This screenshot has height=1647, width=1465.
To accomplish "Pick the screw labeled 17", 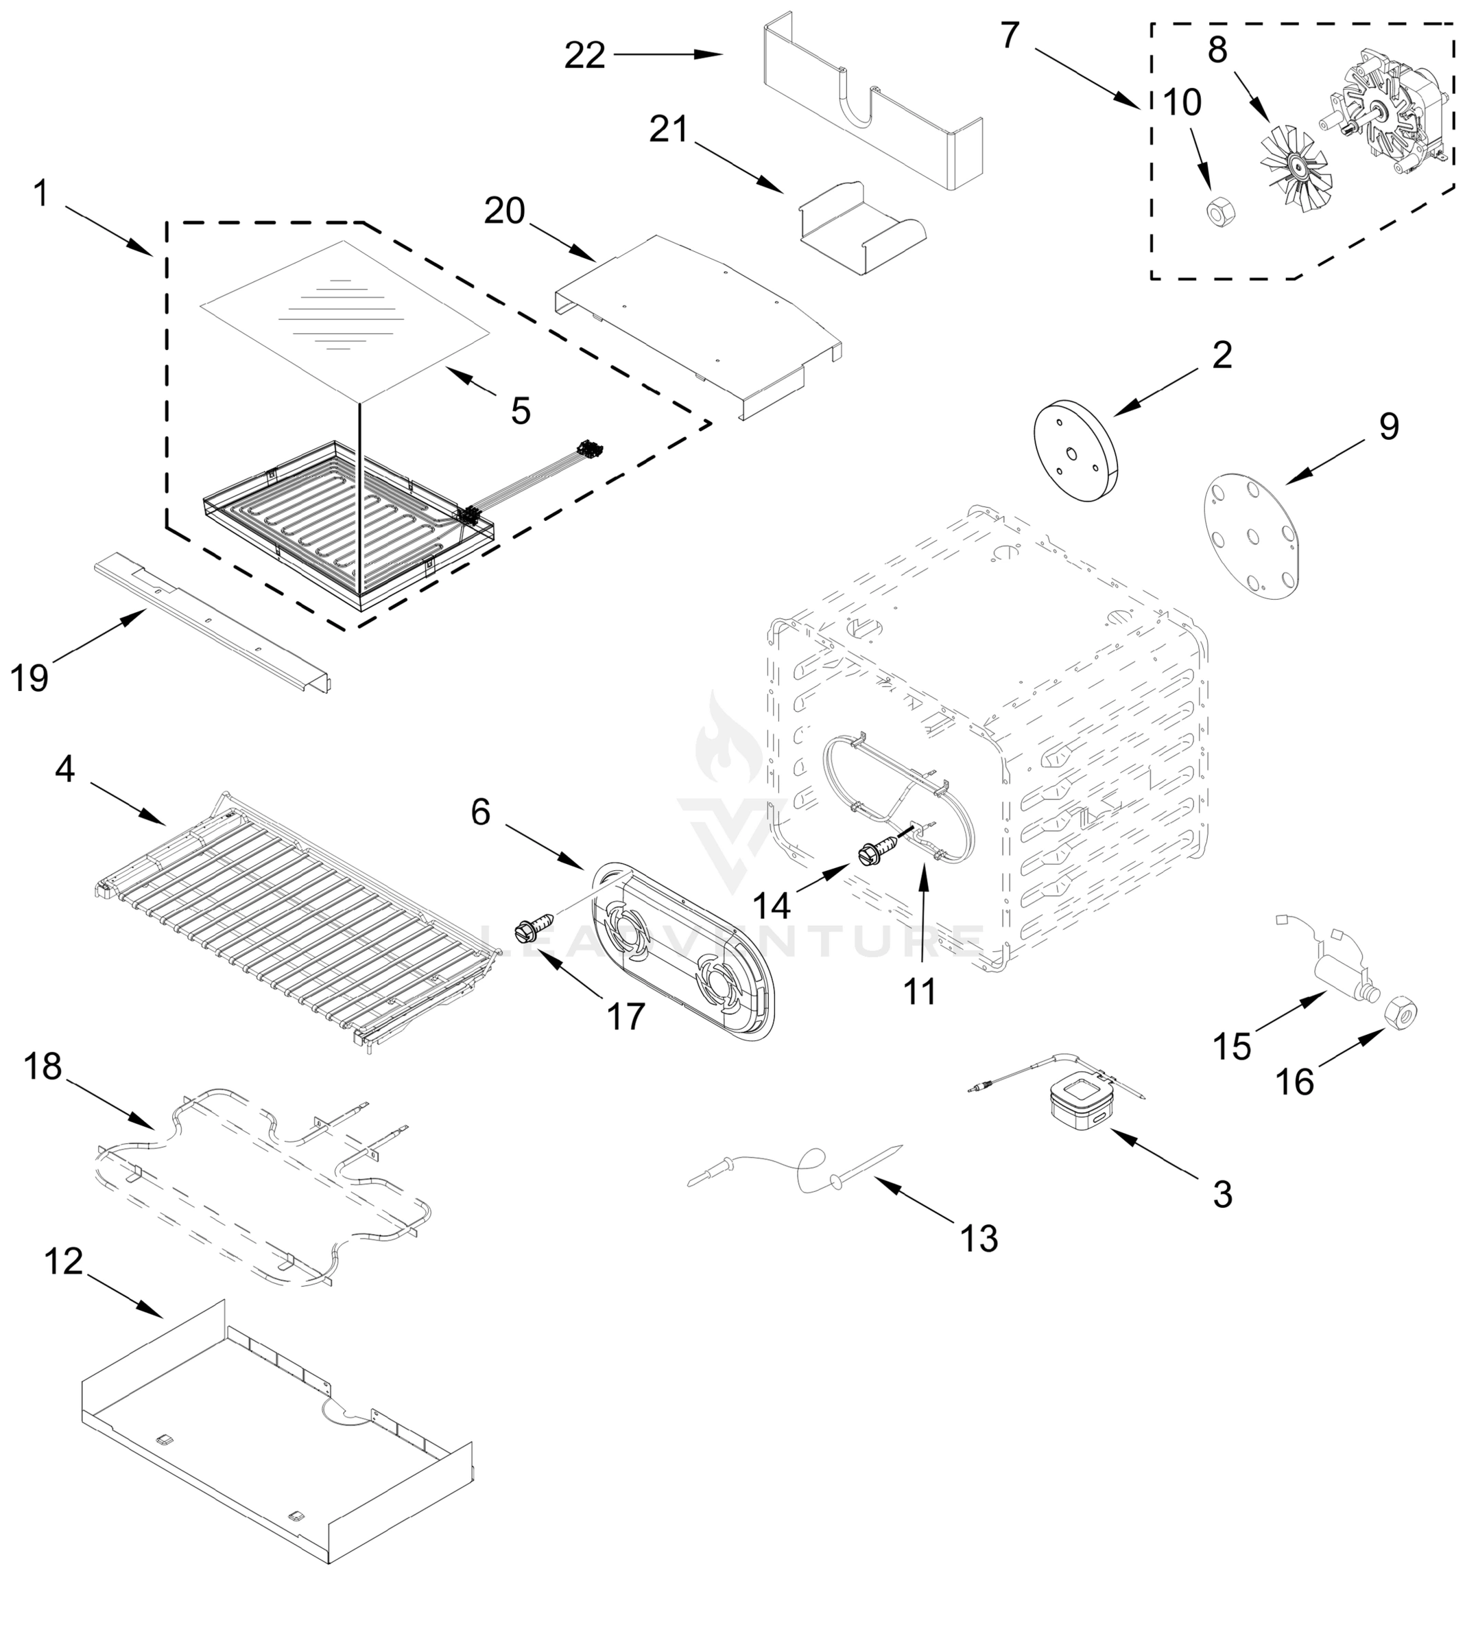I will click(534, 926).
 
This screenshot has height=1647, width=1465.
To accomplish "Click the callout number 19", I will click(29, 677).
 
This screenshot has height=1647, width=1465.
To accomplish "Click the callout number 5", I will click(521, 411).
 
